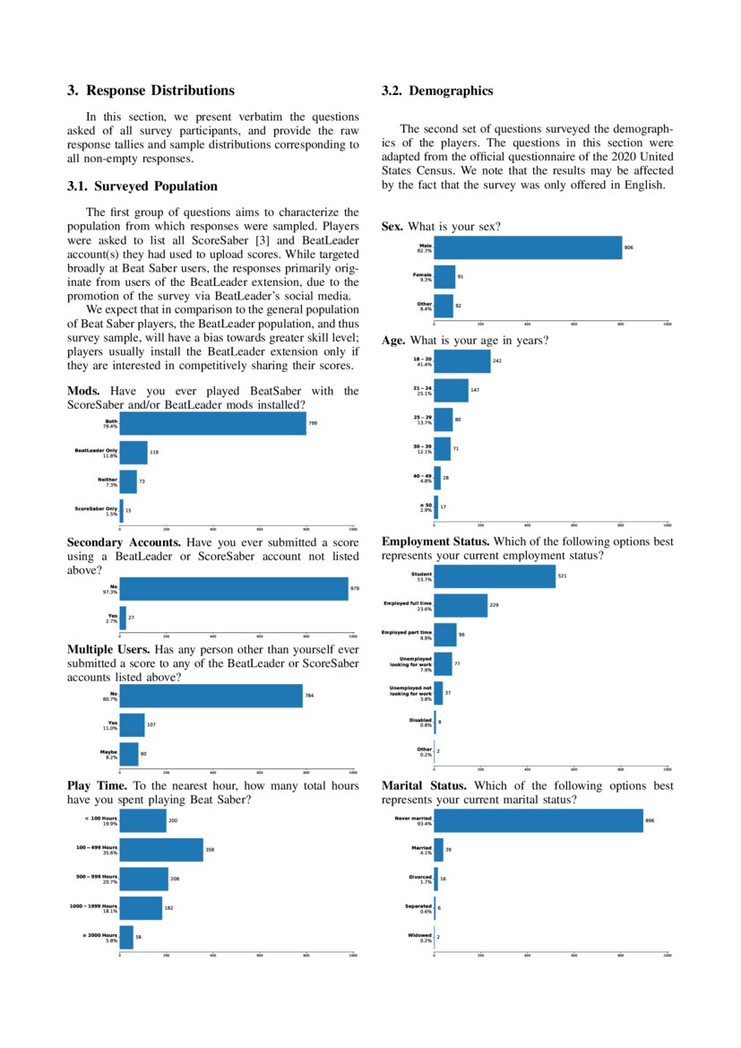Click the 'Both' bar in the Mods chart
click(212, 423)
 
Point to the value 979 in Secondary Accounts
click(355, 589)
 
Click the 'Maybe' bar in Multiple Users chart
click(129, 754)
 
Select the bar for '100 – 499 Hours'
click(161, 850)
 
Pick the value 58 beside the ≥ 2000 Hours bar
click(139, 937)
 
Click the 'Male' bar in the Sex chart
click(528, 247)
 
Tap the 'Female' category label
click(421, 277)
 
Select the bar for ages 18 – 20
click(462, 361)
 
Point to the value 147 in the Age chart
click(475, 391)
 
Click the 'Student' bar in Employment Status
click(495, 576)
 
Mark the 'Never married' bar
click(539, 820)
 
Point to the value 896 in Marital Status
click(650, 820)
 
